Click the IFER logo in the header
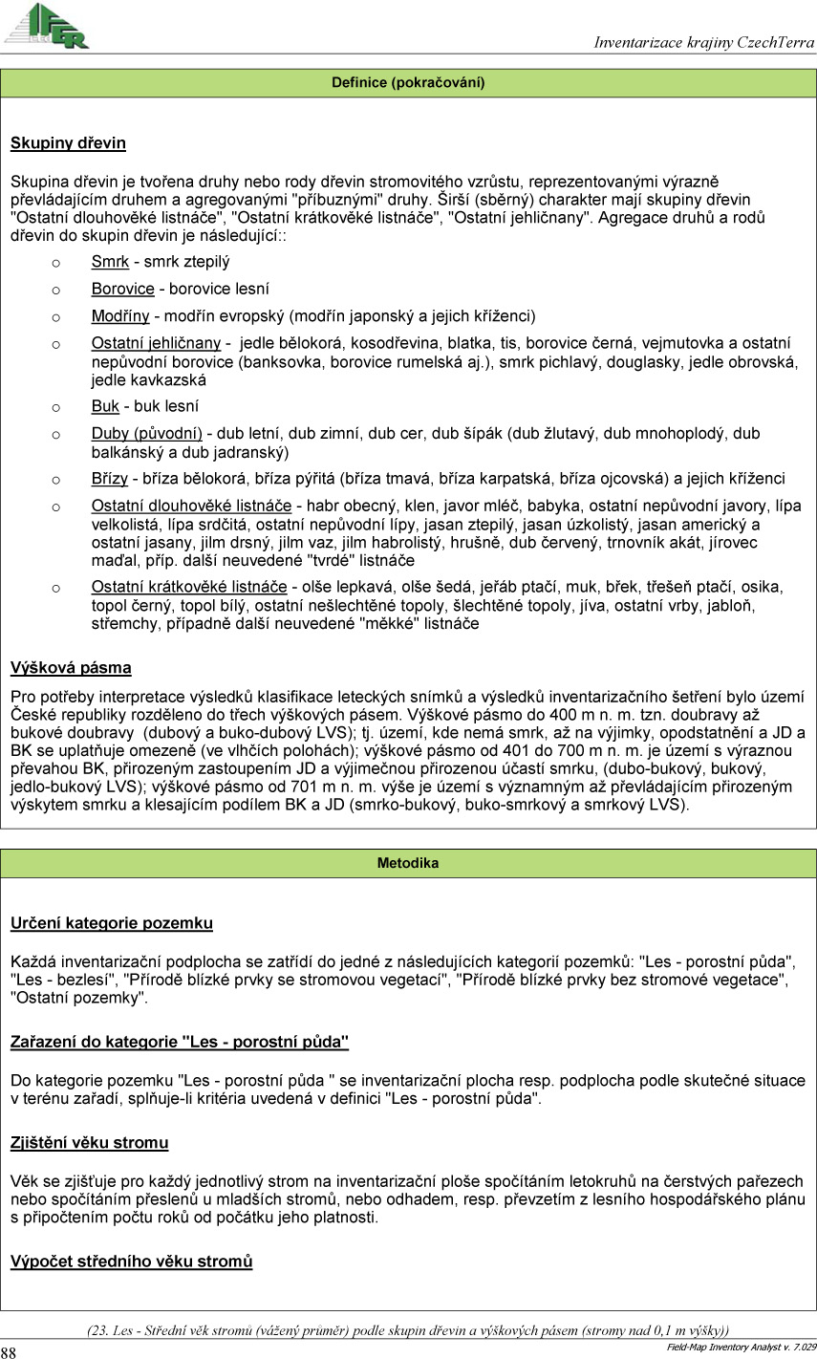48,26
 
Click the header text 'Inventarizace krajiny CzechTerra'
703,42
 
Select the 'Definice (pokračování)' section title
408,83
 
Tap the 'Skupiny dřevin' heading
68,144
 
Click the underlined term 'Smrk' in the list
110,262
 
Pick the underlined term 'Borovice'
122,289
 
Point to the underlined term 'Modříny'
121,316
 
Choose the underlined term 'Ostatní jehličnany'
156,343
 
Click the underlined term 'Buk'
105,407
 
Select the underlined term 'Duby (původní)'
146,434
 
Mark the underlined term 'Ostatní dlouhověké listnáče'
191,506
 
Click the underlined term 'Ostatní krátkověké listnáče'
189,587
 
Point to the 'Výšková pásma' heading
71,668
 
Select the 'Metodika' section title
408,863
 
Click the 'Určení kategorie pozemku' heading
111,923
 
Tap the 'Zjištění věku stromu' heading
89,1143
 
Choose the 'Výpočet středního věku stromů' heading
131,1262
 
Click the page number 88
9,1352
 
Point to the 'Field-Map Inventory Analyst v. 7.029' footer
741,1348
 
